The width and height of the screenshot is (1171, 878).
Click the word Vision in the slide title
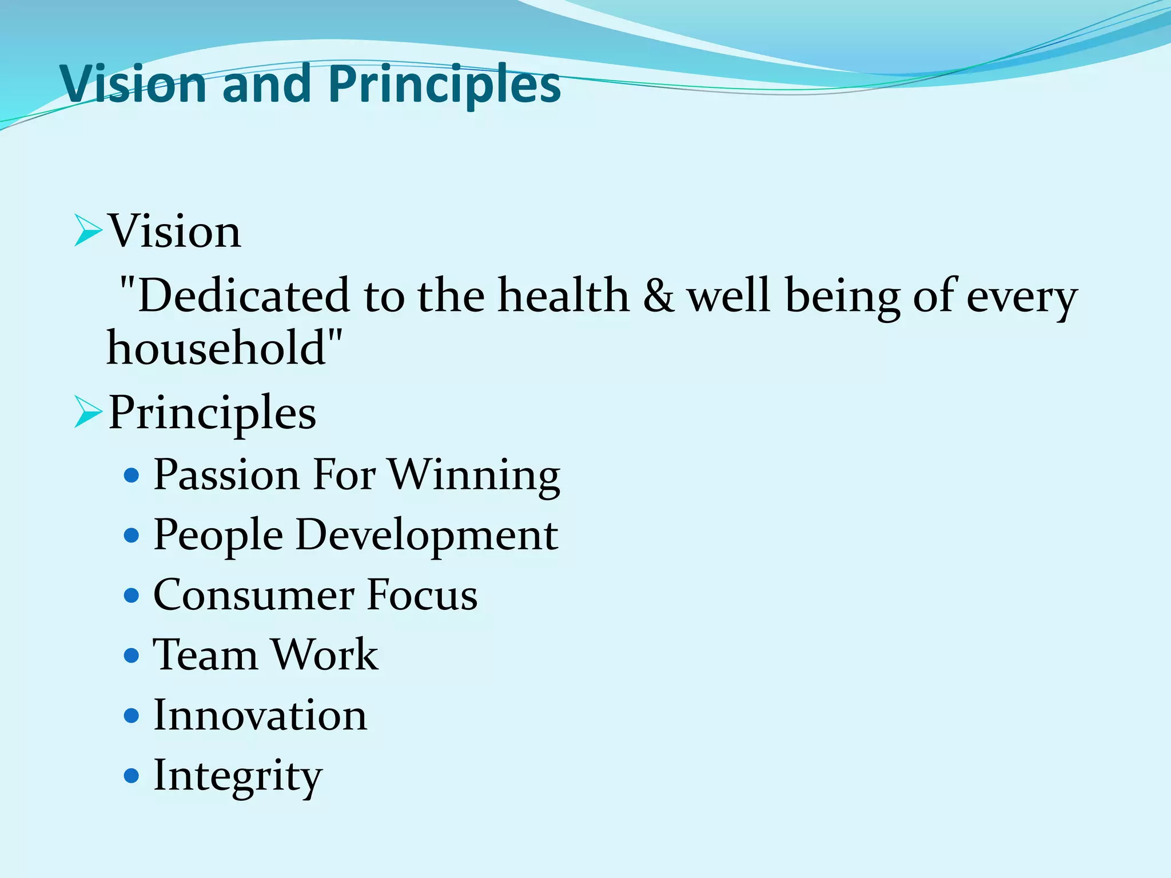134,84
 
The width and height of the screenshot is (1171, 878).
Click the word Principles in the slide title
444,84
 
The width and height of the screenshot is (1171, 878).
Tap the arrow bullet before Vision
87,232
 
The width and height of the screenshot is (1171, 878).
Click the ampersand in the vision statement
658,296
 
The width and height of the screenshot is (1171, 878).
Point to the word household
217,349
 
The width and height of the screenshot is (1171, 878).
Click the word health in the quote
563,296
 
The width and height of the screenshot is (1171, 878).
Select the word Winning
474,475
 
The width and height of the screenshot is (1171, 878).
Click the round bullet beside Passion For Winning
132,476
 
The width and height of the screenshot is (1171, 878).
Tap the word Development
427,536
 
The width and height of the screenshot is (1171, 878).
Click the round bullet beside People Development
132,536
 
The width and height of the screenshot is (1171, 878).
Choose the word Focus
421,596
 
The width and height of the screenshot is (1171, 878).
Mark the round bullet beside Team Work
132,656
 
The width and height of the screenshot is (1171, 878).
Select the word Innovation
260,716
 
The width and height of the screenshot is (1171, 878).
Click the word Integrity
238,776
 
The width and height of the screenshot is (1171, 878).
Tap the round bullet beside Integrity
132,776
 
